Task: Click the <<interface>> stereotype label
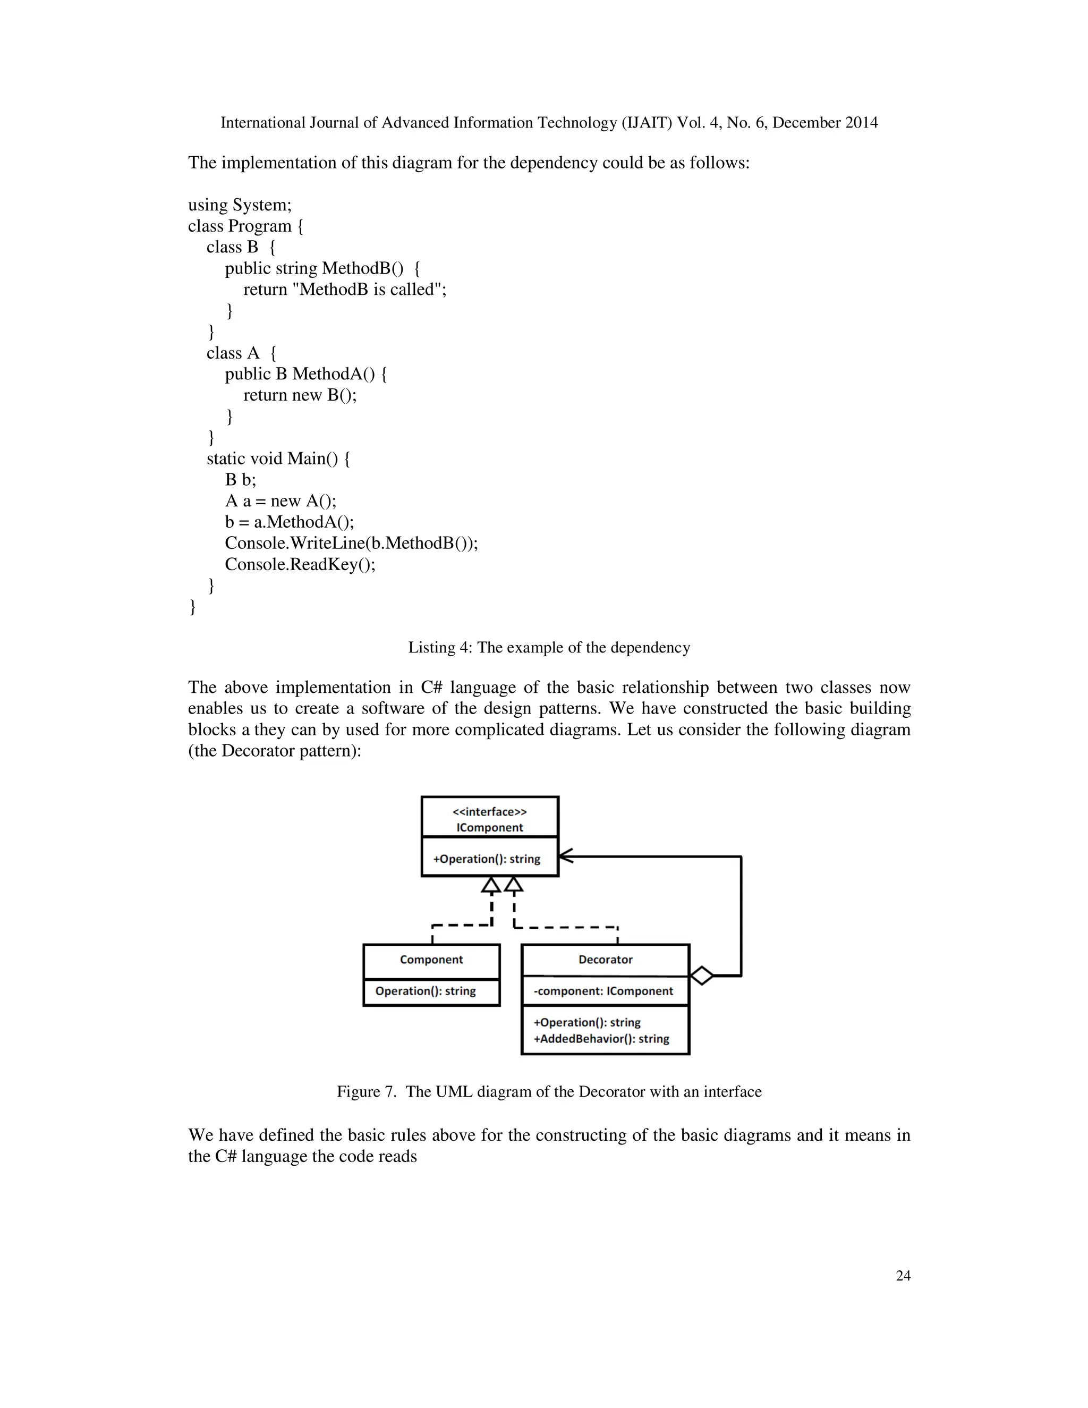489,812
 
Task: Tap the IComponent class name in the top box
489,828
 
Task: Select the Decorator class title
605,959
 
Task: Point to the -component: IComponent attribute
603,991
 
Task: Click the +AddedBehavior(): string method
601,1039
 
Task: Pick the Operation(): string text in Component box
426,991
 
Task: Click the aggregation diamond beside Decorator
701,976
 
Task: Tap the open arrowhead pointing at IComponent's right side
565,856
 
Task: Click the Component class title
431,959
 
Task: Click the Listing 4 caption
549,647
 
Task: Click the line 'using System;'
240,205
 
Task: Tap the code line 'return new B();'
300,395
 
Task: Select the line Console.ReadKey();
300,565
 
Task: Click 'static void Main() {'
278,459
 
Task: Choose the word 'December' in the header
806,123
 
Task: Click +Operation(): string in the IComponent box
487,859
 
